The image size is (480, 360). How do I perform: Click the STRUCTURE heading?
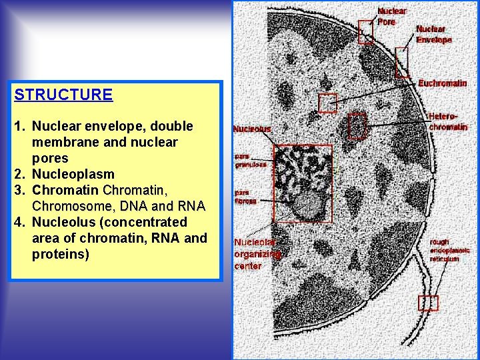pos(63,95)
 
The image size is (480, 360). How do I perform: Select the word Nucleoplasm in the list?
pos(73,174)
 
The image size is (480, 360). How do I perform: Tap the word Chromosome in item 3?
pos(65,206)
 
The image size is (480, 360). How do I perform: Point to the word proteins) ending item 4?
pos(60,254)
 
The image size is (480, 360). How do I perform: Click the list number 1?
pos(18,126)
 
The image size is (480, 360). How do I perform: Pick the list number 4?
pos(18,222)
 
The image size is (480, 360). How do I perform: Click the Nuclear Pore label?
pos(392,17)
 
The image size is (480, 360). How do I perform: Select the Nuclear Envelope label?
pos(434,34)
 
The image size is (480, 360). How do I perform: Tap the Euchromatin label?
pos(443,83)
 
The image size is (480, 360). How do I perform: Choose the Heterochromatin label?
pos(447,121)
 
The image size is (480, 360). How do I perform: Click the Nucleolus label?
pos(252,129)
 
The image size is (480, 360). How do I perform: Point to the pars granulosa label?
pos(250,161)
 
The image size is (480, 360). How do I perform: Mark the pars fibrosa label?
pos(245,197)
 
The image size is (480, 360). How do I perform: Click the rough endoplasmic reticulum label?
pos(449,250)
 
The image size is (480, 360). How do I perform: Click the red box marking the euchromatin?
pos(327,103)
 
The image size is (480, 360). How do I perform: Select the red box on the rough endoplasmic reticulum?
pos(428,303)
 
